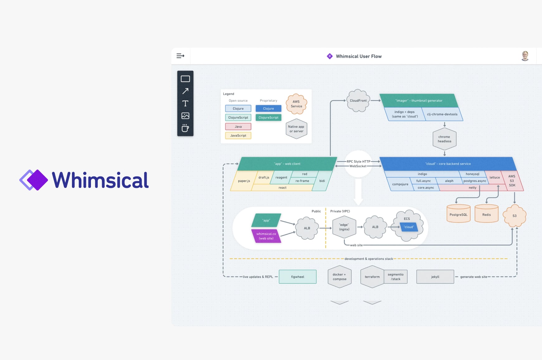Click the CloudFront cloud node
click(358, 101)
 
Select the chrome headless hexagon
click(445, 139)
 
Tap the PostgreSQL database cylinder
click(458, 214)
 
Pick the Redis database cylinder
click(486, 214)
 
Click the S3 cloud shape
click(515, 216)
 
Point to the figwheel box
click(297, 277)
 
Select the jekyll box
click(435, 277)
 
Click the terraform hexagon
click(372, 277)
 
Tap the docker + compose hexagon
click(339, 277)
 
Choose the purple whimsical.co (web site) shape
click(266, 236)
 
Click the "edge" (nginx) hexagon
click(344, 227)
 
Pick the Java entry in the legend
click(238, 127)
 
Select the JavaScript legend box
click(238, 136)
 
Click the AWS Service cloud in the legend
click(297, 104)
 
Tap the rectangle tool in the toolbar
click(185, 79)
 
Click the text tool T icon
click(185, 103)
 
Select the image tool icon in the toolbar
click(185, 116)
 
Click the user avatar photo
click(525, 56)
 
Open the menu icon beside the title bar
click(180, 56)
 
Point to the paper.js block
click(244, 181)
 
